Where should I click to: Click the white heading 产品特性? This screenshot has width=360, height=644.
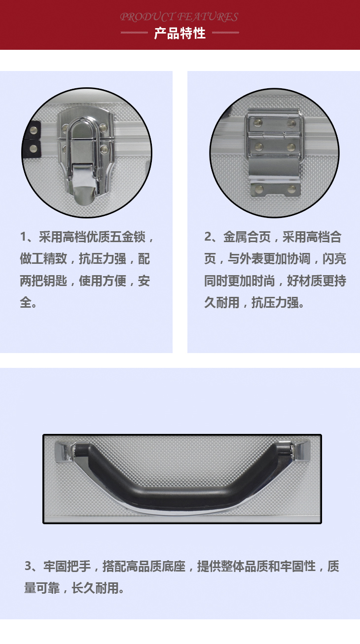(x=180, y=34)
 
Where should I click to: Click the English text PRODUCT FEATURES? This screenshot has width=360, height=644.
(x=179, y=17)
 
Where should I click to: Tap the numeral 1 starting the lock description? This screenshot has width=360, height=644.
(x=23, y=237)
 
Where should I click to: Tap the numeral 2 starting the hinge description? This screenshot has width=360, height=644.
(x=208, y=237)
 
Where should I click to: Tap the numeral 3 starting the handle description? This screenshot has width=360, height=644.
(x=28, y=566)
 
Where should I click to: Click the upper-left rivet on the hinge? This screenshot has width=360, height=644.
(x=257, y=123)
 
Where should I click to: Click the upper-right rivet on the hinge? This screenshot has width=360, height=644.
(x=291, y=123)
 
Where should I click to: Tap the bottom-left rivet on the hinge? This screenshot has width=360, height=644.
(x=259, y=188)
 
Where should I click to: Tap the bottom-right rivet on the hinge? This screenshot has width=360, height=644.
(x=291, y=188)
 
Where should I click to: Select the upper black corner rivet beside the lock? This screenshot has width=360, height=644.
(x=34, y=130)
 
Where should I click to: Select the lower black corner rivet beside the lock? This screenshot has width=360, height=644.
(x=34, y=148)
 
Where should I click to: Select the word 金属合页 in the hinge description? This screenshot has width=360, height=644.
(x=247, y=237)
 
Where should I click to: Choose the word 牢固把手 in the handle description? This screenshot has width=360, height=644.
(x=67, y=566)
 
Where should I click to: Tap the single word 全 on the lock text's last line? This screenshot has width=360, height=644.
(x=26, y=302)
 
